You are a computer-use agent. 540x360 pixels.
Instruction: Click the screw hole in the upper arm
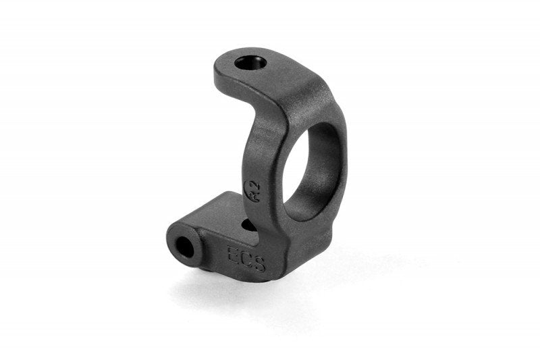click(x=251, y=63)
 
